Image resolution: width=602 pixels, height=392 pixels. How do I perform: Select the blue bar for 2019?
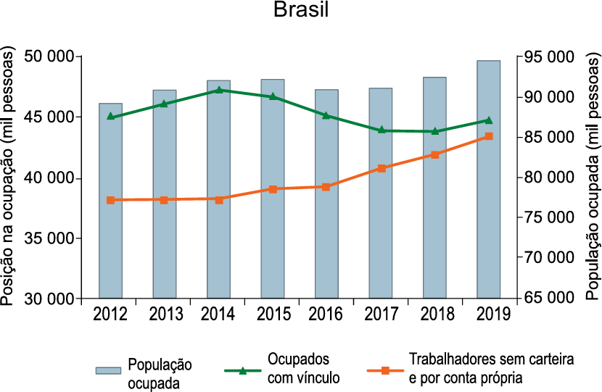coord(489,181)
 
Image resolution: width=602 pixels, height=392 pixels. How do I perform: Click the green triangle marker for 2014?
coord(218,90)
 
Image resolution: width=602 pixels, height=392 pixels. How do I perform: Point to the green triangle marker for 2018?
coord(434,131)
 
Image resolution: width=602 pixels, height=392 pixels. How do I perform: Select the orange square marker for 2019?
coord(489,136)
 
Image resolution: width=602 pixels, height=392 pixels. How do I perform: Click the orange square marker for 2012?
coord(110,200)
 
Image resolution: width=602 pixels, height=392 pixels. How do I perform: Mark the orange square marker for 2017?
coord(381,168)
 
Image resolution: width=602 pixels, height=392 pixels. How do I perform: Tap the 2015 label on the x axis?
coord(273,314)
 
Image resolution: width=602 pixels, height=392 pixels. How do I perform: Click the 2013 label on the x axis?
coord(165,314)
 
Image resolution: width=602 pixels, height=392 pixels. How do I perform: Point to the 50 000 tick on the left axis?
coord(51,57)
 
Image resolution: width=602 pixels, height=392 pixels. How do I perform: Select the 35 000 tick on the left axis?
coord(51,238)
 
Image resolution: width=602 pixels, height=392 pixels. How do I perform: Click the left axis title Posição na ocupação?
coord(10,178)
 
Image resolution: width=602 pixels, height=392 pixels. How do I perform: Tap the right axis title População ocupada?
coord(592,178)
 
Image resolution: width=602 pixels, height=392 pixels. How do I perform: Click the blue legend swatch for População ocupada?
coord(108,370)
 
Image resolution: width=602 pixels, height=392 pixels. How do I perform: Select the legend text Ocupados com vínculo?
coord(303,368)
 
